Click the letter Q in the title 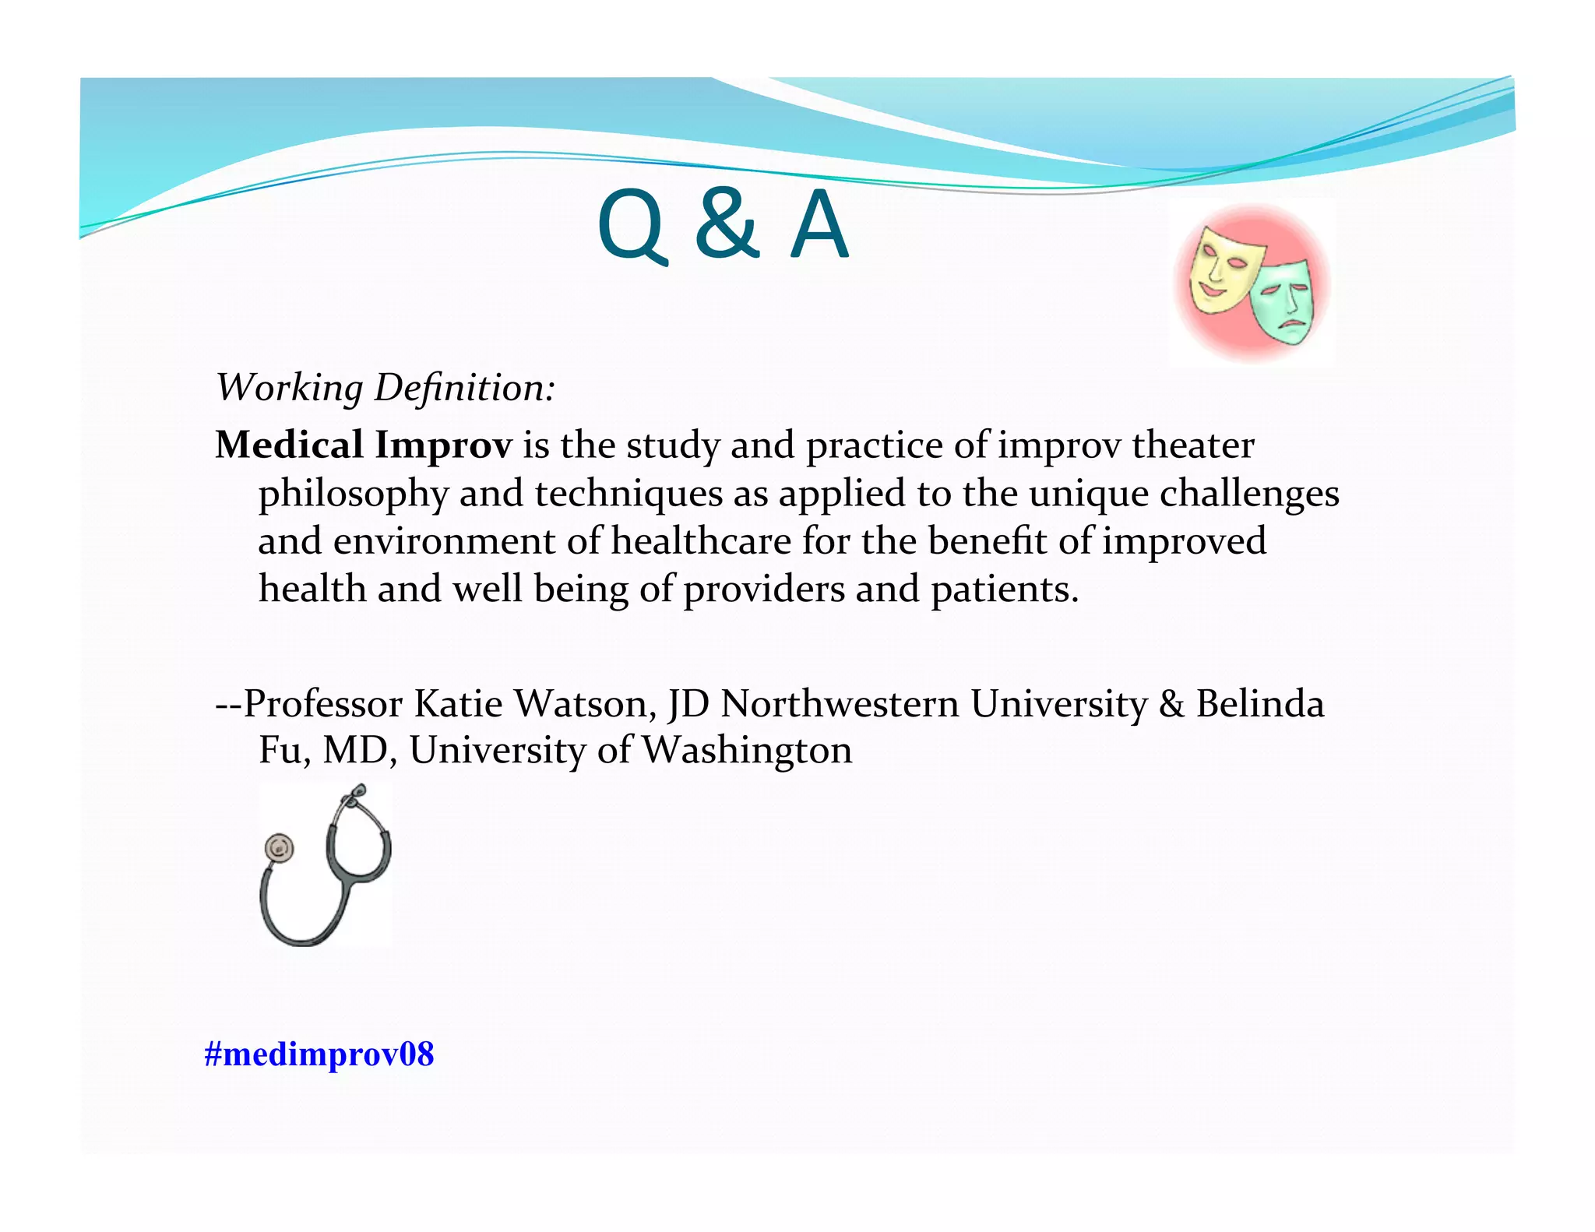[632, 227]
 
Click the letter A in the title [819, 226]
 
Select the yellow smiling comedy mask [1221, 269]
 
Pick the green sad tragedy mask [1283, 301]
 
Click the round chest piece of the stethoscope [279, 847]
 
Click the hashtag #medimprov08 [319, 1054]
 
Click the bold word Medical [290, 445]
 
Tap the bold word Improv [443, 446]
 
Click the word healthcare [701, 540]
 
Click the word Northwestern [840, 704]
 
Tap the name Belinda [1259, 704]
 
